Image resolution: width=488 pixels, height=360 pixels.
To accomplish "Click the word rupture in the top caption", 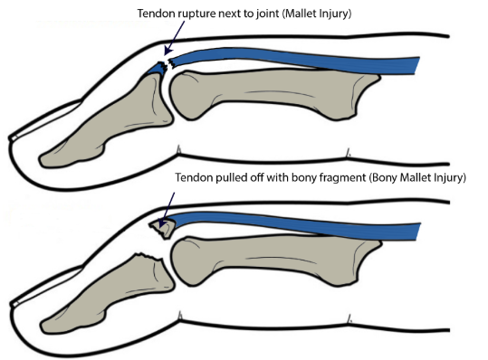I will click(x=202, y=15).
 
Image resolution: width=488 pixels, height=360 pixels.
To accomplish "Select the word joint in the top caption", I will click(x=269, y=15).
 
